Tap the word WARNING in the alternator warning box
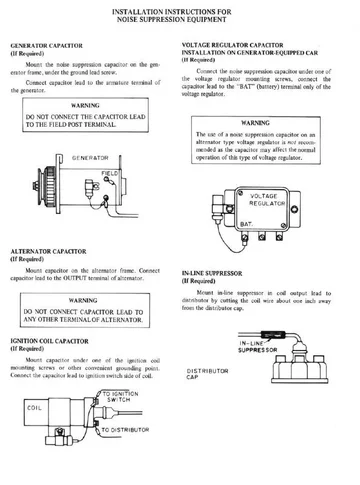point(88,299)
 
